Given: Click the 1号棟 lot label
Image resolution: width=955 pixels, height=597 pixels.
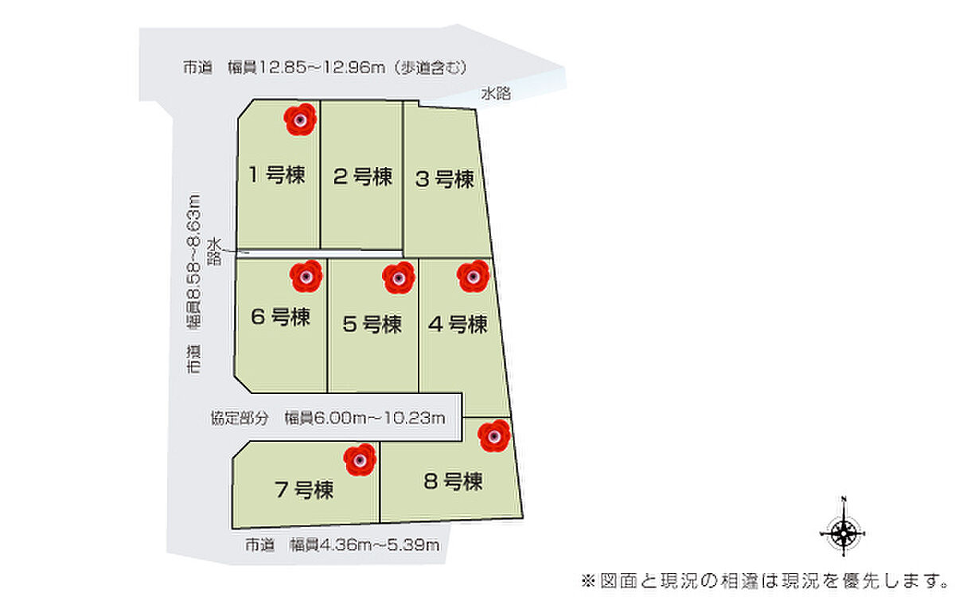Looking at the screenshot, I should coord(276,174).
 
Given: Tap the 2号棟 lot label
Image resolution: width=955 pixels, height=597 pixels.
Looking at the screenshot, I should coord(362,176).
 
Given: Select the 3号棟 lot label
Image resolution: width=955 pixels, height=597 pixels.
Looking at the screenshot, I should coord(445,179).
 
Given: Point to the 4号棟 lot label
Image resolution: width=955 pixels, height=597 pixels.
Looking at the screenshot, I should coord(457,325).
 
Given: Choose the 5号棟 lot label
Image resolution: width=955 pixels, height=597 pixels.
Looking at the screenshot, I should coord(372,325).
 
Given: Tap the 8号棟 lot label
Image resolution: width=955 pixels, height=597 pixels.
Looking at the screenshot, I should coord(453,482).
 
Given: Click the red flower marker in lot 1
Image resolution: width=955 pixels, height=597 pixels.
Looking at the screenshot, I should coord(300,120).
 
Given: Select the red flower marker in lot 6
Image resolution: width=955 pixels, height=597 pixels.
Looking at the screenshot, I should coord(306,275).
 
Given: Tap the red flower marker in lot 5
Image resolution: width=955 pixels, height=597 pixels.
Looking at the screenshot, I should coord(399,278).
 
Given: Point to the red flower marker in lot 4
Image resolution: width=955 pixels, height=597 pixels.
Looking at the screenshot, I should coord(473,276).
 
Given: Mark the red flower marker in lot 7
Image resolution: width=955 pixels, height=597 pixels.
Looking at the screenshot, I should coord(360,459).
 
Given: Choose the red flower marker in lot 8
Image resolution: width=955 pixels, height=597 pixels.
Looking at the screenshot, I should coord(494,435).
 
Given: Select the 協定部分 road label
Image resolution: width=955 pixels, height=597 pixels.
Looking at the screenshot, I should coord(239,418).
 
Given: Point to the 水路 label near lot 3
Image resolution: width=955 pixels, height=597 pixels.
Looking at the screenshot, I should coord(495,93).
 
